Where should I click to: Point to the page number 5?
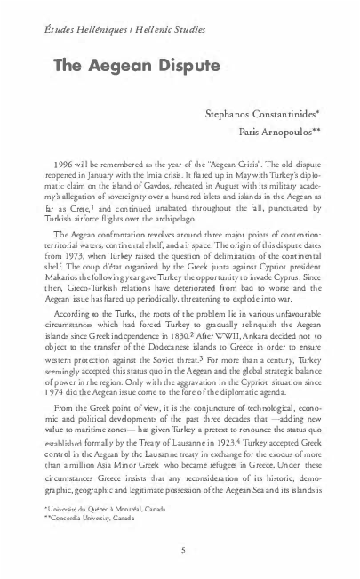180,550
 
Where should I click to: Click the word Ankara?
266,363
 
